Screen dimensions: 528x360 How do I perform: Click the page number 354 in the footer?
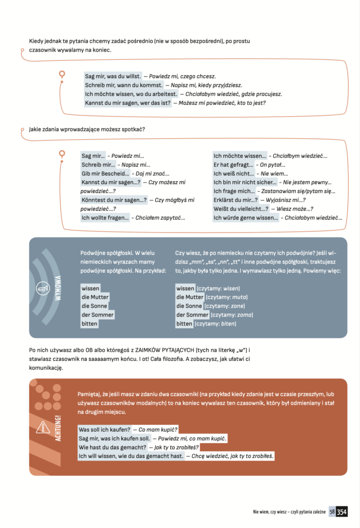pos(341,512)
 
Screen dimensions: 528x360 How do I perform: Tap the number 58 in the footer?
pos(332,512)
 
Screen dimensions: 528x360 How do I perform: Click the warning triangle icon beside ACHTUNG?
pos(43,426)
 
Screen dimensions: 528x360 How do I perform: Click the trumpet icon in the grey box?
pos(42,289)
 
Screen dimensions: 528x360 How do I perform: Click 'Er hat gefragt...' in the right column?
pos(234,164)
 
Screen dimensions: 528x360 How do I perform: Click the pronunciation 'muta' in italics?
pos(239,298)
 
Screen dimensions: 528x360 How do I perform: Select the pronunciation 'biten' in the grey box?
pos(228,324)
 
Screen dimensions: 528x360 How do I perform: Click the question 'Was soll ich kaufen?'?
pos(104,430)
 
